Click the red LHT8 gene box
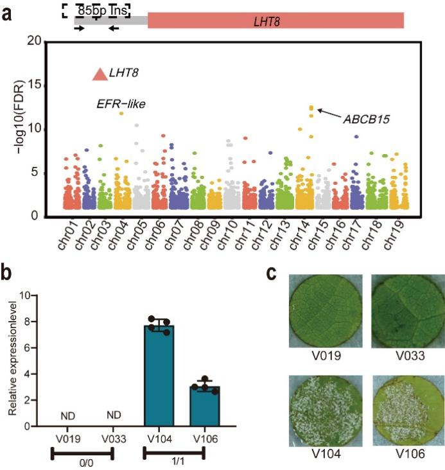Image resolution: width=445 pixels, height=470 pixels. pyautogui.click(x=275, y=21)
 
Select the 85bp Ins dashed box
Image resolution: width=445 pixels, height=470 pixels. pyautogui.click(x=96, y=10)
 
